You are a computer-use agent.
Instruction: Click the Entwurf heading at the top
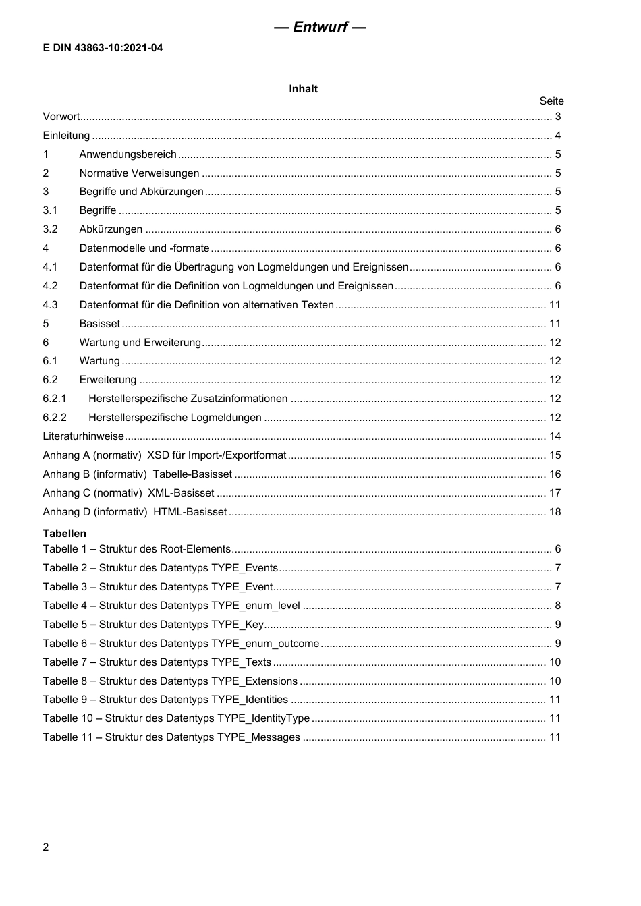pyautogui.click(x=320, y=27)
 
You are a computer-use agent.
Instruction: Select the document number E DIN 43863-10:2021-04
pyautogui.click(x=103, y=48)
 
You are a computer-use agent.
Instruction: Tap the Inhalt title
pyautogui.click(x=303, y=89)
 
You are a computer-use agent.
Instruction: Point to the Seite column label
pyautogui.click(x=551, y=101)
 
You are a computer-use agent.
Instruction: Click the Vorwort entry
pyautogui.click(x=61, y=117)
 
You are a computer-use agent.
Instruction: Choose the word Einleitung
pyautogui.click(x=66, y=136)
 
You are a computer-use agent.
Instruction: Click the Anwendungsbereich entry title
pyautogui.click(x=128, y=154)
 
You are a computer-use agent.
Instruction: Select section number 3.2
pyautogui.click(x=50, y=229)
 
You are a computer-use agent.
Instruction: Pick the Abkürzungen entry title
pyautogui.click(x=111, y=229)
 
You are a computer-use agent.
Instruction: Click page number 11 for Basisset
pyautogui.click(x=555, y=324)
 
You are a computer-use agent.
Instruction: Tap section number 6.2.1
pyautogui.click(x=55, y=399)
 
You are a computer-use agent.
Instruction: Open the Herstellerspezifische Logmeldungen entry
pyautogui.click(x=175, y=418)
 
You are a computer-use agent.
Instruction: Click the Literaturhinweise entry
pyautogui.click(x=83, y=436)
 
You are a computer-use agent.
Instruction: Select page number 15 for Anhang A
pyautogui.click(x=555, y=455)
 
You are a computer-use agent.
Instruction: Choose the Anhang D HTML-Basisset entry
pyautogui.click(x=135, y=512)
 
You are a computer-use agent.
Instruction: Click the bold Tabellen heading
pyautogui.click(x=65, y=534)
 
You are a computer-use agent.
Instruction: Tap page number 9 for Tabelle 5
pyautogui.click(x=558, y=625)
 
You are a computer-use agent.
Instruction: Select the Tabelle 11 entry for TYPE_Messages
pyautogui.click(x=171, y=737)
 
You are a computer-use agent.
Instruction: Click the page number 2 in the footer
pyautogui.click(x=46, y=847)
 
